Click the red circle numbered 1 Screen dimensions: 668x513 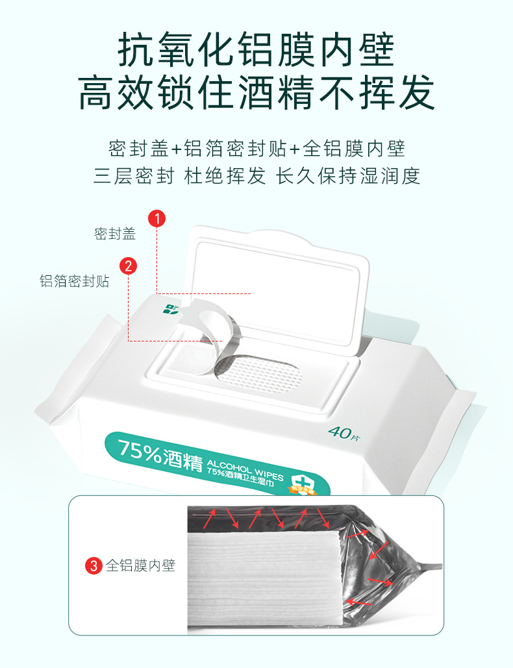point(157,218)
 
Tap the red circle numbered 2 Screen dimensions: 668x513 point(128,265)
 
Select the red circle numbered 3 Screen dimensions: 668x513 point(94,565)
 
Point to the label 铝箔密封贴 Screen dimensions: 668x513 point(74,281)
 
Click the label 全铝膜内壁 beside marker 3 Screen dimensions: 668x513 point(141,565)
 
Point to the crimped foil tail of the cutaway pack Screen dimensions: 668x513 point(422,565)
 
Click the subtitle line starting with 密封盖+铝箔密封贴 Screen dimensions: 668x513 point(256,148)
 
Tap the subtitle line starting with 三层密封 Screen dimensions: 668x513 point(256,176)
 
